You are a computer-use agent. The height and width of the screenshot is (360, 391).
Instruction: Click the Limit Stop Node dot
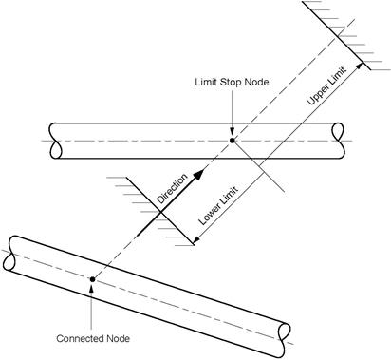click(233, 141)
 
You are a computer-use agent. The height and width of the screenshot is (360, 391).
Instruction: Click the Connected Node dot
click(92, 279)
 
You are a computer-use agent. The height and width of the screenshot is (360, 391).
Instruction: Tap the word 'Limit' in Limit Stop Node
click(206, 82)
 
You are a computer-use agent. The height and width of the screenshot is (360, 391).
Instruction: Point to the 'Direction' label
click(173, 189)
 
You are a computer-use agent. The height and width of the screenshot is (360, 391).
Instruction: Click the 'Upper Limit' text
click(327, 85)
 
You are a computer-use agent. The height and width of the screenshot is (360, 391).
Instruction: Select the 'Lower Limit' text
click(218, 206)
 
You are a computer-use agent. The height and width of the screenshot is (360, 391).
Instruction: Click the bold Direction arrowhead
click(198, 175)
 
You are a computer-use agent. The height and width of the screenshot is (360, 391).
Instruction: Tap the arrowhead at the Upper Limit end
click(360, 66)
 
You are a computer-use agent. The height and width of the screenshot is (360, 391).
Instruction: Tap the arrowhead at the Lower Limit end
click(196, 240)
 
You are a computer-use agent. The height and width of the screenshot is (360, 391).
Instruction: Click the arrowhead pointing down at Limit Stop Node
click(233, 132)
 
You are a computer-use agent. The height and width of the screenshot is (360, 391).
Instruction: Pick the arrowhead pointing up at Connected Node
click(92, 288)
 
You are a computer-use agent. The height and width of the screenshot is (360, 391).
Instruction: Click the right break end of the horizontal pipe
click(339, 141)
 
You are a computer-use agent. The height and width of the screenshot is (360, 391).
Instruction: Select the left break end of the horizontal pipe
click(55, 141)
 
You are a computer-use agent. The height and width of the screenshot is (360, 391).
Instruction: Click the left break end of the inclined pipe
click(9, 254)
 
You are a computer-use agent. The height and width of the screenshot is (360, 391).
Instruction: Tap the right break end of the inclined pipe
click(284, 340)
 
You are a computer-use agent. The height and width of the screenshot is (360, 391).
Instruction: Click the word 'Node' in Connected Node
click(118, 338)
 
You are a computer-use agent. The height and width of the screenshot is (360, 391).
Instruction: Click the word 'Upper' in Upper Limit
click(317, 95)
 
